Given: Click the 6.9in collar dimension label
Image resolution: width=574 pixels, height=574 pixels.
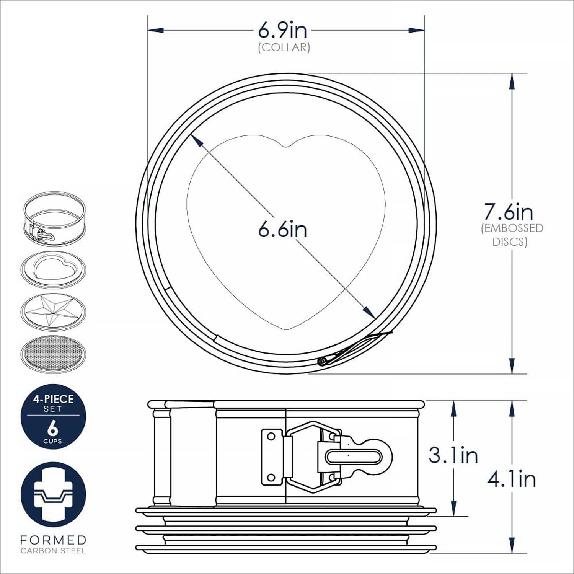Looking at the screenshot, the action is [282, 30].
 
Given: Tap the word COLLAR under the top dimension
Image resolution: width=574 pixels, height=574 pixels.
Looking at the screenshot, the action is [284, 47].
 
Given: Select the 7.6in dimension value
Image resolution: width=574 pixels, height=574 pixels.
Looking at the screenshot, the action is [509, 211].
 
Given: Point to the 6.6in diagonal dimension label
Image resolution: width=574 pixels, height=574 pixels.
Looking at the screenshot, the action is [282, 230].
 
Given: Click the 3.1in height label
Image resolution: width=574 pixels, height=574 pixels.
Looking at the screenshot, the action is [453, 455].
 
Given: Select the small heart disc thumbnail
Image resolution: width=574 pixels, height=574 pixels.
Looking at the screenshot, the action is [53, 269].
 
